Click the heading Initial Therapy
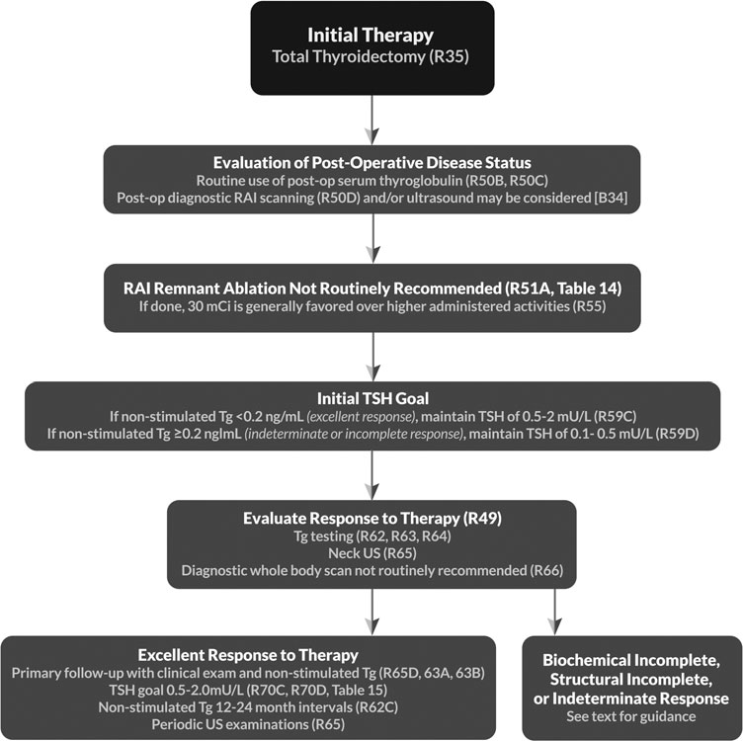click(x=371, y=36)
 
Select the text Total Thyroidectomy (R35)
click(x=371, y=58)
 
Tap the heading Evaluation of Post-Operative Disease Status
click(x=371, y=163)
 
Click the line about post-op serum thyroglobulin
click(x=371, y=182)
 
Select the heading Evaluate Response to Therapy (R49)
click(x=371, y=517)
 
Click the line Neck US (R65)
click(x=371, y=554)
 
